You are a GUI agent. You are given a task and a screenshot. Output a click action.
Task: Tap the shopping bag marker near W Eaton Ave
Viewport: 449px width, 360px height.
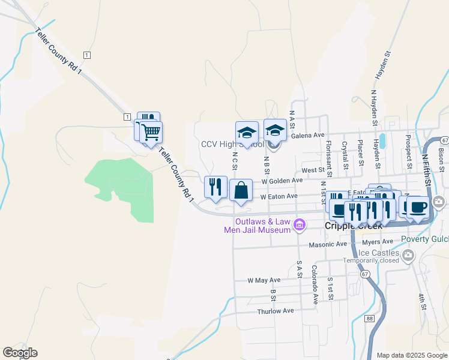(241, 191)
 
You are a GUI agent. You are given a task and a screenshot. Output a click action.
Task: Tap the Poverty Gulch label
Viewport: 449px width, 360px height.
(431, 239)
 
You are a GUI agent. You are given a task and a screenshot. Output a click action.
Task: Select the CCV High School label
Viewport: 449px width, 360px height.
(232, 145)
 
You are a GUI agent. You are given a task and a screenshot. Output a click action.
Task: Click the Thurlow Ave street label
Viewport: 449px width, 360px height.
(276, 311)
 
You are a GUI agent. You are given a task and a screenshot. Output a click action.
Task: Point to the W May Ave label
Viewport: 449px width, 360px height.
(264, 280)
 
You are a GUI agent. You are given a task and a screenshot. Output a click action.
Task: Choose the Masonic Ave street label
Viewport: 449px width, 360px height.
(328, 245)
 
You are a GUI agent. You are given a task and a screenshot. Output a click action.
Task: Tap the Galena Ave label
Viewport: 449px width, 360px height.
(307, 136)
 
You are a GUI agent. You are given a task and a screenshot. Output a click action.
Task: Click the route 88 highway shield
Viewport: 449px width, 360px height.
(369, 319)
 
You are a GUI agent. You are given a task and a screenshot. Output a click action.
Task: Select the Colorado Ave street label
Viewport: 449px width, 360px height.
(314, 286)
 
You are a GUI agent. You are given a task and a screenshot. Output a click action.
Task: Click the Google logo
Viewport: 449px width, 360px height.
(20, 353)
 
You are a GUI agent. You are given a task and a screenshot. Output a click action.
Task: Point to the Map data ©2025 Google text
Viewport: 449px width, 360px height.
(412, 355)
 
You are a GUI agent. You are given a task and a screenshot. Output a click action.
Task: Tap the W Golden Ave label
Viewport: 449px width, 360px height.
(282, 180)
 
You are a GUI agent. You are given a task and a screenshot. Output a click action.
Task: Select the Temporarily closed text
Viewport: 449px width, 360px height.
(371, 260)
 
